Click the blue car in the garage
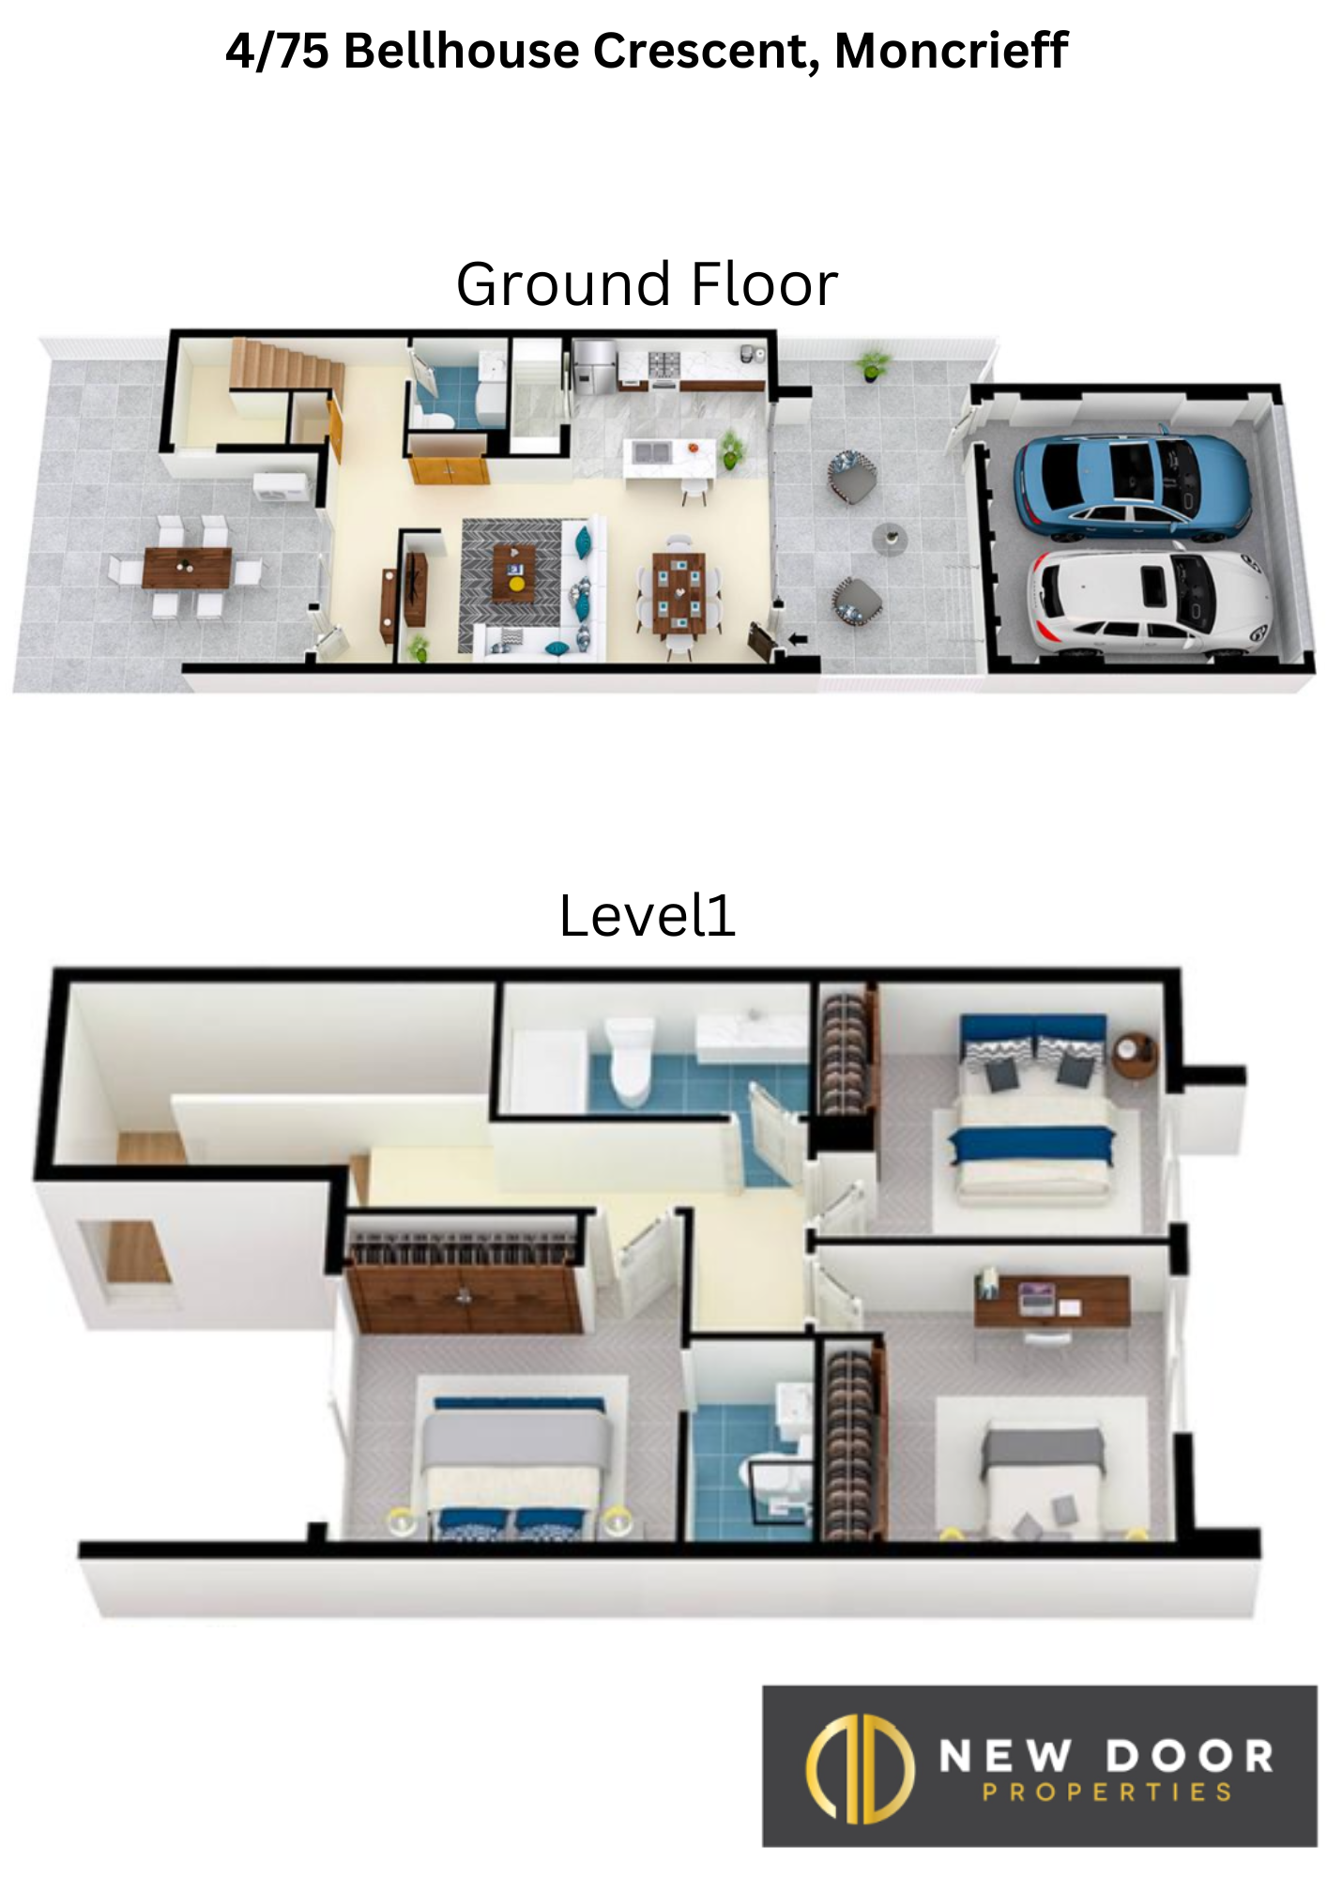(x=1133, y=486)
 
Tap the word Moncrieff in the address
(x=951, y=51)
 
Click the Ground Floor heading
(x=647, y=284)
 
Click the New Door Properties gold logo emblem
(x=860, y=1768)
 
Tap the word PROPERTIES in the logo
(x=1107, y=1793)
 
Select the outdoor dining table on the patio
(x=187, y=567)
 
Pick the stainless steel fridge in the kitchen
(x=593, y=367)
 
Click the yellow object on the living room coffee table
(x=516, y=583)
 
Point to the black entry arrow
(x=798, y=640)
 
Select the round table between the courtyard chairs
(x=890, y=539)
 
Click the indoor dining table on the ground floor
(x=679, y=592)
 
